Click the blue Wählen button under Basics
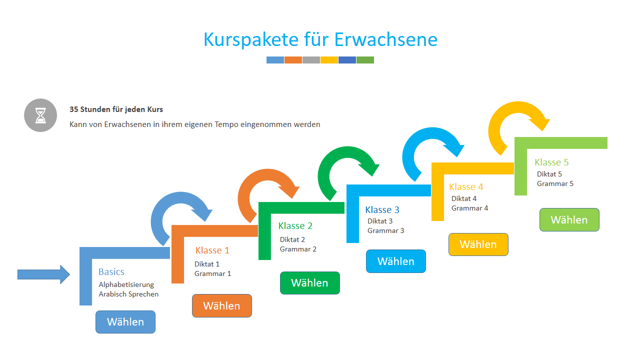tap(125, 322)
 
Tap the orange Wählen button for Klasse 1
tap(222, 305)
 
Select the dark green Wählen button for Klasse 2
tap(310, 283)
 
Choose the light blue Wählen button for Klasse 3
tap(396, 261)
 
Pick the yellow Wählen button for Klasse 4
tap(478, 244)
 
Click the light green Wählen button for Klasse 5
tap(569, 219)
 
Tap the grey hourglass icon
tap(40, 115)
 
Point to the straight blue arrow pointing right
tap(43, 274)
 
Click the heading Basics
tap(111, 271)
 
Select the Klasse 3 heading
tap(382, 209)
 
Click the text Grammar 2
tap(298, 249)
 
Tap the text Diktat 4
tap(464, 198)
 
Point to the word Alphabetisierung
tap(126, 285)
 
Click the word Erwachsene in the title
tap(385, 39)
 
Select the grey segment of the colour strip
tap(311, 60)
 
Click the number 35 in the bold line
tap(73, 109)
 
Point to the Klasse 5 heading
tap(551, 162)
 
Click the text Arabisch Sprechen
tap(128, 294)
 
